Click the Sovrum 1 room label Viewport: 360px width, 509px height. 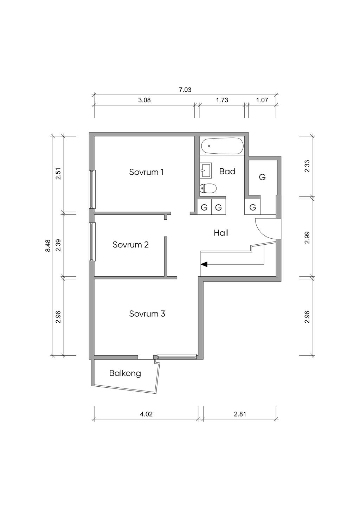coord(146,172)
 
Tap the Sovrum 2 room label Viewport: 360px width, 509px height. coord(131,245)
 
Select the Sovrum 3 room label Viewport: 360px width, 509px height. coord(147,314)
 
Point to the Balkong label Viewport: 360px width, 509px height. coord(125,373)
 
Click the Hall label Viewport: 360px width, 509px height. coord(221,233)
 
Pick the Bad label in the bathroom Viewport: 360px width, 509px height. coord(227,171)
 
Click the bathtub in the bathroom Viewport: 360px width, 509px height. coord(222,146)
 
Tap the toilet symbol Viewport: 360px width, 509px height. coord(208,188)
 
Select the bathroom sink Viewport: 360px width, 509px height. coord(206,170)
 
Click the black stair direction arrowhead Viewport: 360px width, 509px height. coord(204,264)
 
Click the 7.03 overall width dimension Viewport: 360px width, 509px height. coord(185,90)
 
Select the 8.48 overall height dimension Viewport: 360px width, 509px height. coord(48,246)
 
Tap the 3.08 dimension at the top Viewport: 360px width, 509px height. coord(144,100)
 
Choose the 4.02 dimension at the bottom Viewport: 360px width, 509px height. coord(146,414)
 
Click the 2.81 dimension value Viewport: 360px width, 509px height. coord(240,414)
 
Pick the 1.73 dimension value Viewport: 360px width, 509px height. coord(222,100)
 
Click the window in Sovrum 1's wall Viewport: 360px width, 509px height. coord(92,189)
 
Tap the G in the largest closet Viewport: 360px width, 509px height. coord(262,177)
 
